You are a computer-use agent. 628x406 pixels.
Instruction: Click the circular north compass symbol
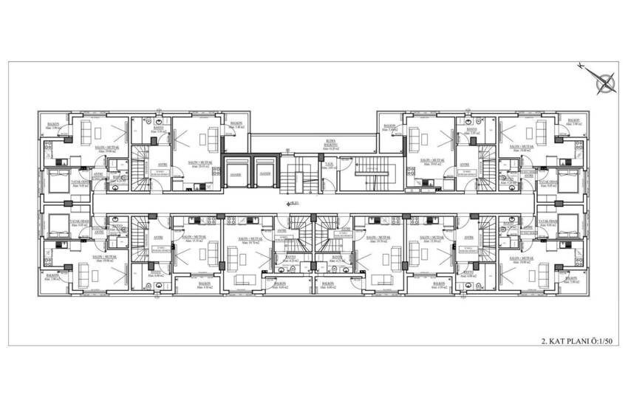607,83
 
